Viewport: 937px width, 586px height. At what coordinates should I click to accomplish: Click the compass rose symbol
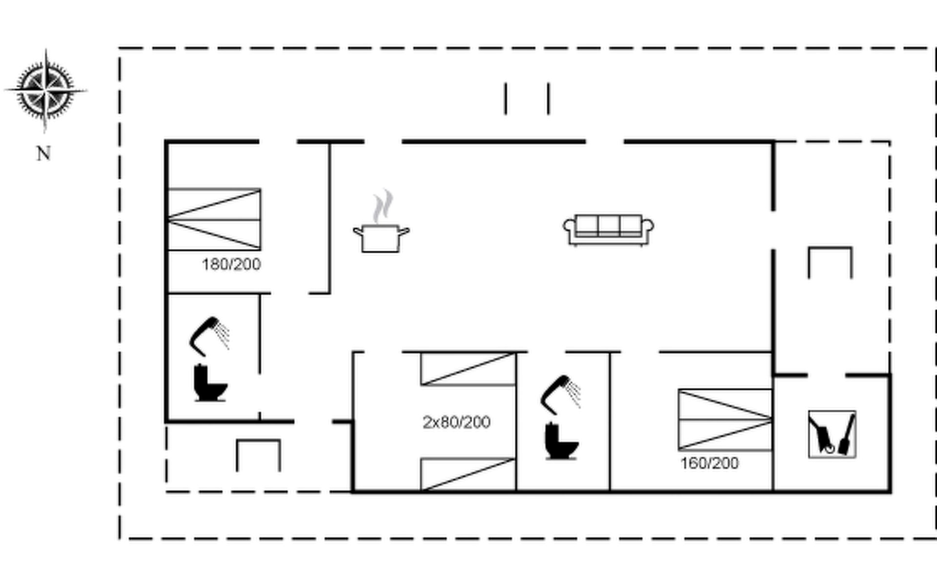(45, 91)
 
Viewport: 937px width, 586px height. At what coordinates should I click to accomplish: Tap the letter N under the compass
(43, 154)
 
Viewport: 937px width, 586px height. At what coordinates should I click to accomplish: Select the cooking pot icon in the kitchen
(381, 238)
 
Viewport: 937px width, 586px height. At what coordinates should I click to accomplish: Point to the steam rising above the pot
(384, 206)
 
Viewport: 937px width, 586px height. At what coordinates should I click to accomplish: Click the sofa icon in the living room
(609, 230)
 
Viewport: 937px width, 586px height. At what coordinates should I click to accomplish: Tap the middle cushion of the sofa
(609, 225)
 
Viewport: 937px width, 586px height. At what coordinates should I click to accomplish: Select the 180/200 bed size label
(231, 265)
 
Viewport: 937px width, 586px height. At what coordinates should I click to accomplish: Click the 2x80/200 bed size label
(456, 422)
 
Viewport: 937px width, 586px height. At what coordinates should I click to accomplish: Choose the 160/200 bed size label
(710, 463)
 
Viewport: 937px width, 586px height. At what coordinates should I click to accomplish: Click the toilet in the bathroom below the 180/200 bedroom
(210, 383)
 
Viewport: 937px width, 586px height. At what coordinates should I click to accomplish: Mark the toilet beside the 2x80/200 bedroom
(561, 441)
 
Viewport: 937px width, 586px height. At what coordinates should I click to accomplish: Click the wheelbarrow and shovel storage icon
(832, 434)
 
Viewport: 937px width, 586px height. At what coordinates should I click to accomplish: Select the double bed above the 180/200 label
(214, 219)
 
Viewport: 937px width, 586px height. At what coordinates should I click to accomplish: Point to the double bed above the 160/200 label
(725, 419)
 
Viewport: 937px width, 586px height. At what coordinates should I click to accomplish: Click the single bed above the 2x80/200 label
(468, 369)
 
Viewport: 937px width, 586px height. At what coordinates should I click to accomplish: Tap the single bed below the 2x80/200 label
(468, 474)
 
